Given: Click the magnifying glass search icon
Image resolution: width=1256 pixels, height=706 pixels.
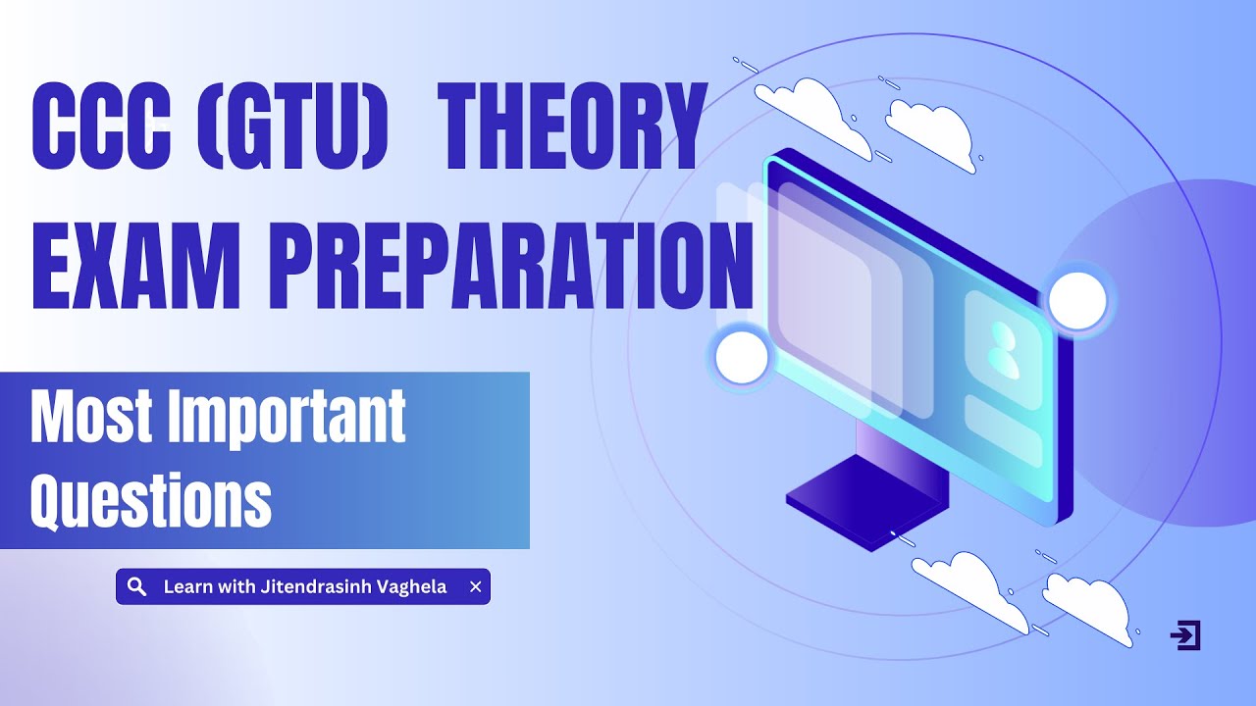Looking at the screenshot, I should pyautogui.click(x=137, y=586).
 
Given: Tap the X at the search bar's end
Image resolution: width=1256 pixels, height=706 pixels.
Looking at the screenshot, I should pyautogui.click(x=476, y=586).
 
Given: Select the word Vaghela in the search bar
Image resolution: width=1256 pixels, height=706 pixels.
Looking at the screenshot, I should pyautogui.click(x=413, y=586).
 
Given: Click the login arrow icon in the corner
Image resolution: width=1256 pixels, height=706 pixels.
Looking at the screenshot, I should pyautogui.click(x=1185, y=635).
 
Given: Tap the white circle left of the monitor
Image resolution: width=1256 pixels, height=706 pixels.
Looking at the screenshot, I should pyautogui.click(x=742, y=357).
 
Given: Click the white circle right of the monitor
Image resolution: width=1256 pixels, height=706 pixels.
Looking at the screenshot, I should pyautogui.click(x=1077, y=299).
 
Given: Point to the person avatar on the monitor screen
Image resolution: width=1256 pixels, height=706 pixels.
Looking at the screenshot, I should pyautogui.click(x=1002, y=348).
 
